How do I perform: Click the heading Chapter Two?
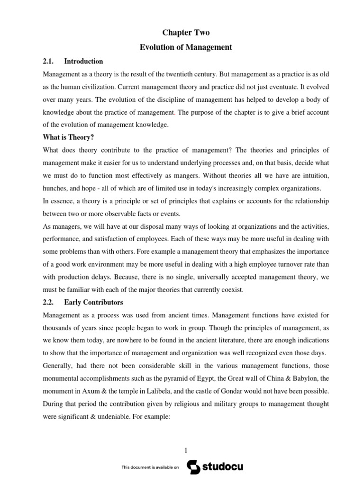click(x=186, y=33)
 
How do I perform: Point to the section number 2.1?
click(x=48, y=61)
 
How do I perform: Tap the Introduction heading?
click(x=83, y=61)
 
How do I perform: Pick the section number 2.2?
click(x=48, y=302)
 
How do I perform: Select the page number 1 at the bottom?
click(x=186, y=450)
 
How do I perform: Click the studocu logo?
click(x=215, y=467)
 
